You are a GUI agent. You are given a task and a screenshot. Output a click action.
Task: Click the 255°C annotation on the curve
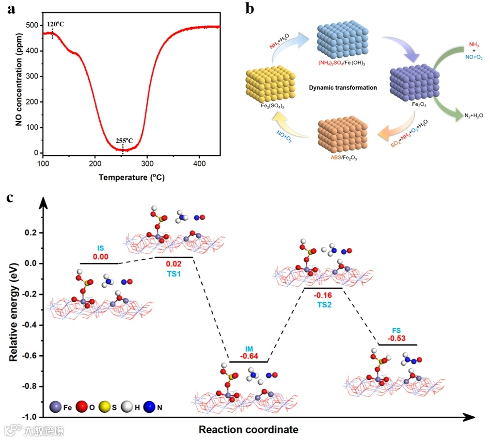pos(124,141)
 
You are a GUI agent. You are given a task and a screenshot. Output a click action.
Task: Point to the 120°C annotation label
pos(55,24)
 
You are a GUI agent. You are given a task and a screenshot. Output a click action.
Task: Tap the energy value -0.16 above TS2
pos(323,295)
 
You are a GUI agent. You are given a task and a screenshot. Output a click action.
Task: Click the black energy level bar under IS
pos(99,263)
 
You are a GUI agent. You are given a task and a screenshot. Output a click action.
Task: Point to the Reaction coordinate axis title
pos(248,430)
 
